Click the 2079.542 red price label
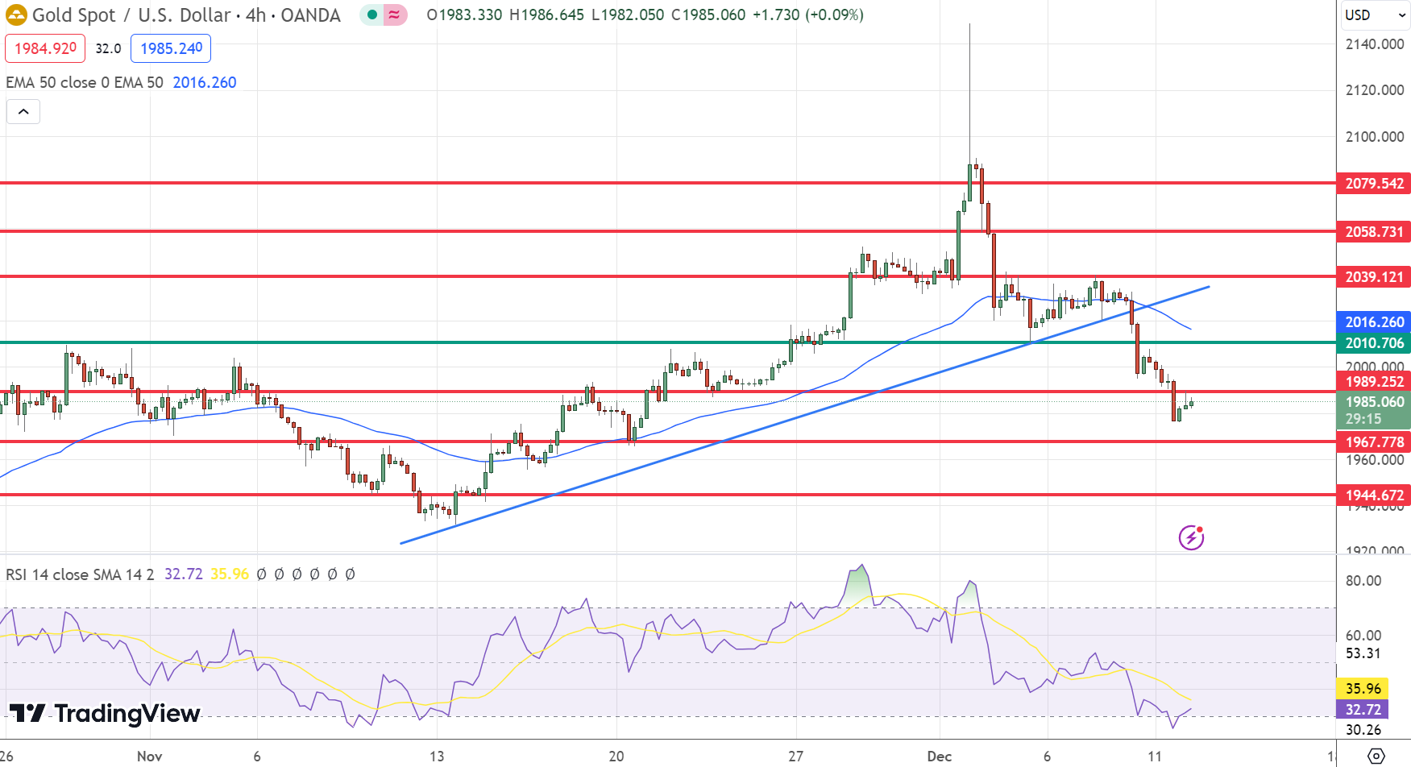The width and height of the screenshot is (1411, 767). (1373, 184)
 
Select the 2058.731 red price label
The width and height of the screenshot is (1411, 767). (1373, 232)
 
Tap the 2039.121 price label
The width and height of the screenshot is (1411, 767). (1373, 277)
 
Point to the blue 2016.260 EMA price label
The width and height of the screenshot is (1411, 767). (1373, 322)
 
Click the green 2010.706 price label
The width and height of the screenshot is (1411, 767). (1373, 343)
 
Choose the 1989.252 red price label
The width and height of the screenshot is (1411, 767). (1373, 382)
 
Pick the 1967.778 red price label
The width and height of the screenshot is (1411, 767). (1373, 442)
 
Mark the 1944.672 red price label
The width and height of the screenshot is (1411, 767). (1373, 495)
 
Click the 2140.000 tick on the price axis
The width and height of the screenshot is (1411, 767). (1374, 44)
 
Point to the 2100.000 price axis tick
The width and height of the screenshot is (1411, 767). (1374, 137)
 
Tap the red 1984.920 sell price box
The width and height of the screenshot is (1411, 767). (45, 48)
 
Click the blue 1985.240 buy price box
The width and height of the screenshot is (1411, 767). (171, 48)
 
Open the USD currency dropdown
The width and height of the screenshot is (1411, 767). (1374, 15)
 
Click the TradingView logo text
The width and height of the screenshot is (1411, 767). (105, 714)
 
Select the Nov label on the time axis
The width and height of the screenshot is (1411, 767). (149, 757)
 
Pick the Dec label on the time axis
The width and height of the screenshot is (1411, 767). (939, 757)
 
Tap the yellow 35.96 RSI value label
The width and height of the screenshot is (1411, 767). (1363, 689)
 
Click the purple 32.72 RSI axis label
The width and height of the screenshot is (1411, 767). (1363, 710)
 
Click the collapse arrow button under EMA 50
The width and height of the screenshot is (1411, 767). (23, 112)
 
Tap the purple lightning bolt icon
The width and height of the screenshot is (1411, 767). (1191, 537)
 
